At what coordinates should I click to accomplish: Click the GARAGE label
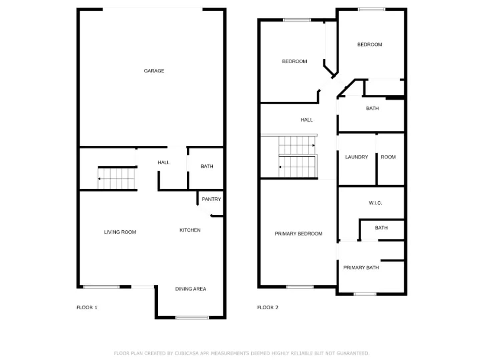(x=154, y=71)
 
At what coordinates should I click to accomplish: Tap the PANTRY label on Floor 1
(x=211, y=199)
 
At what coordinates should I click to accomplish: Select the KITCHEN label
(x=190, y=230)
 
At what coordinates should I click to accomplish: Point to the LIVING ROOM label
(x=120, y=232)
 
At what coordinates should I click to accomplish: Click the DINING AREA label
(x=190, y=289)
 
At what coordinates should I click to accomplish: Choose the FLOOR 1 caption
(x=87, y=307)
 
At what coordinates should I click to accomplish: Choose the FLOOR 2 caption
(x=268, y=307)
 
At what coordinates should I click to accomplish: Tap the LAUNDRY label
(x=356, y=157)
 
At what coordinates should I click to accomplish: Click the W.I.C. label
(x=375, y=203)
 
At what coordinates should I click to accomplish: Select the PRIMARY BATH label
(x=361, y=268)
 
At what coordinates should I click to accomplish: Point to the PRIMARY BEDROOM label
(x=298, y=234)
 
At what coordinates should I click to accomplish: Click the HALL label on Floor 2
(x=307, y=120)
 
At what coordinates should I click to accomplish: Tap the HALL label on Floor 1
(x=163, y=162)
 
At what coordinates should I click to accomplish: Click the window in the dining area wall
(x=192, y=318)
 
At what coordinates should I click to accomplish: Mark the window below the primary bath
(x=365, y=294)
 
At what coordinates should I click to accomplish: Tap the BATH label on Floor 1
(x=207, y=166)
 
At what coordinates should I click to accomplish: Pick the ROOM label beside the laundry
(x=388, y=157)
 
